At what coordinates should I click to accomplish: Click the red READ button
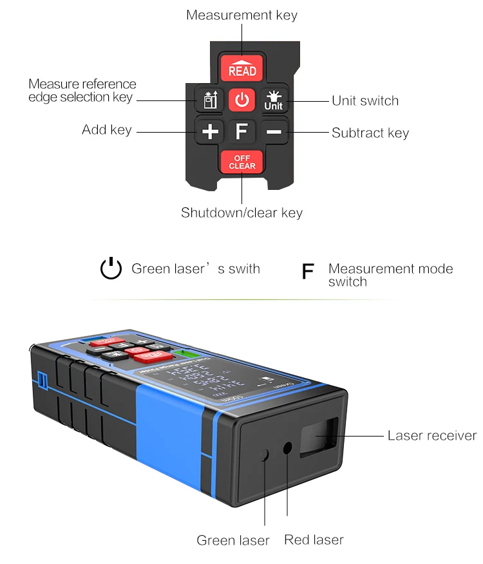point(241,68)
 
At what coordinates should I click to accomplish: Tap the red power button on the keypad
point(241,100)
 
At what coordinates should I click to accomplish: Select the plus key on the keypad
point(210,132)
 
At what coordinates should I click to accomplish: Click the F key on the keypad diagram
point(241,132)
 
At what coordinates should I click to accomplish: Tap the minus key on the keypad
point(274,132)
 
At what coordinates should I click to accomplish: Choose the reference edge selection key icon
point(208,100)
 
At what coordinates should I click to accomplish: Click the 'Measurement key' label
point(241,15)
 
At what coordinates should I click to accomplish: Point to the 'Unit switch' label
point(365,100)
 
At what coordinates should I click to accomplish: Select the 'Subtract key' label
point(370,133)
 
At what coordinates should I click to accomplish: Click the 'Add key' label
point(107,130)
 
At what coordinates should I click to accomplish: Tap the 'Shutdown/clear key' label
point(241,212)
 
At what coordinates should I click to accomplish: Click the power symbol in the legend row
point(111,268)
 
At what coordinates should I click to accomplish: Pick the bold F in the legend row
point(308,272)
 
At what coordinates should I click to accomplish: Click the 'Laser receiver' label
point(432,436)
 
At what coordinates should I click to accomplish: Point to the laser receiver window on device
point(320,436)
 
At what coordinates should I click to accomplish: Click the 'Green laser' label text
point(233,540)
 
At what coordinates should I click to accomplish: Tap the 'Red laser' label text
point(314,540)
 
